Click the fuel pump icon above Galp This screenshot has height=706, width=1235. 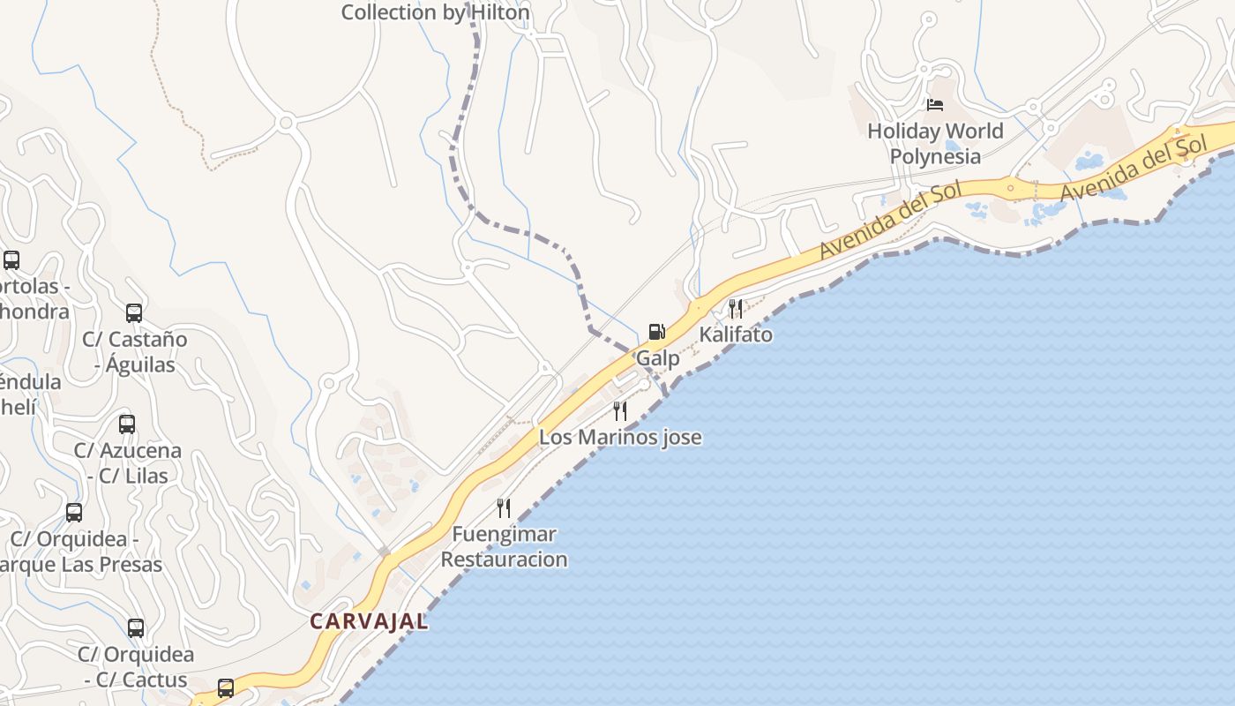[656, 332]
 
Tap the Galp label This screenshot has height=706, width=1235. [658, 358]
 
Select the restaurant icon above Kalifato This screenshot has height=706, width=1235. [736, 308]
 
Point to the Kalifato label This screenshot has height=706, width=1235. [736, 334]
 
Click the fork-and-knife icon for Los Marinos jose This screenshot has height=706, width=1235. [620, 410]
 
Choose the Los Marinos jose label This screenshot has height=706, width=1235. [620, 437]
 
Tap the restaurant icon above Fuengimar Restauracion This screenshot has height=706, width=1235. [504, 507]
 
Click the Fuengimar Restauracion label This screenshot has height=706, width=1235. [504, 546]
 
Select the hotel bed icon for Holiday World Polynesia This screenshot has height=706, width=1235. [935, 105]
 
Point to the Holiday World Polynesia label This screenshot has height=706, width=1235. [935, 143]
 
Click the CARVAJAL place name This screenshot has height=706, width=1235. [369, 621]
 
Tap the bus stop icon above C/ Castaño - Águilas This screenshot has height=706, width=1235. [134, 313]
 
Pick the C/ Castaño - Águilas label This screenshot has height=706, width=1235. [135, 351]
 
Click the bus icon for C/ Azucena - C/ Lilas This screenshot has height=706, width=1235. [127, 424]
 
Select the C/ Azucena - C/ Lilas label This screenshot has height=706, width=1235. [128, 462]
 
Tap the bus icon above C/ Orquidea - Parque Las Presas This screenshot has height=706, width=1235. [74, 513]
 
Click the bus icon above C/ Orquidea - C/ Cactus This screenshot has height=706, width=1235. [136, 628]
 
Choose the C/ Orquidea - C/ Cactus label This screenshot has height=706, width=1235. [136, 667]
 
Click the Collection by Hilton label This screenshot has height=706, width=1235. [436, 12]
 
